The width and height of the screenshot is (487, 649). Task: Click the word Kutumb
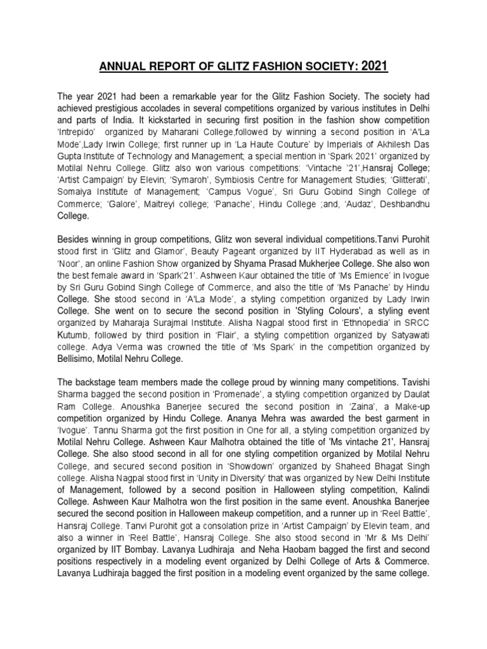[x=72, y=334]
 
